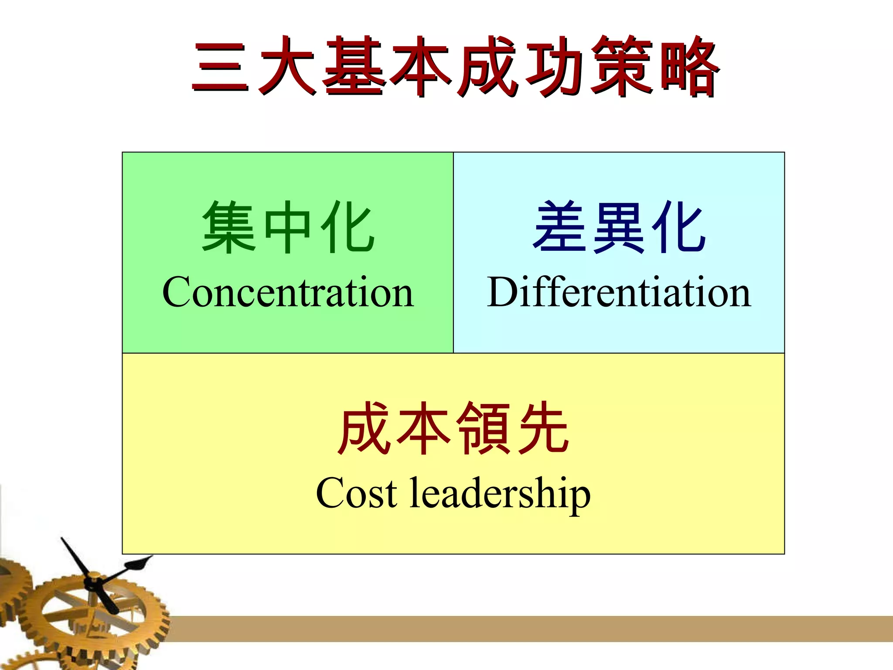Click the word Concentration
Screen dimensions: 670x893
tap(288, 292)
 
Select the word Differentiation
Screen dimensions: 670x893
tap(619, 292)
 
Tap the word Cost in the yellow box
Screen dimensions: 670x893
tap(356, 493)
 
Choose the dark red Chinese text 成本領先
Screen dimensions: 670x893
tap(453, 428)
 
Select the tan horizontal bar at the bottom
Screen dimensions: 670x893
tap(523, 629)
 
